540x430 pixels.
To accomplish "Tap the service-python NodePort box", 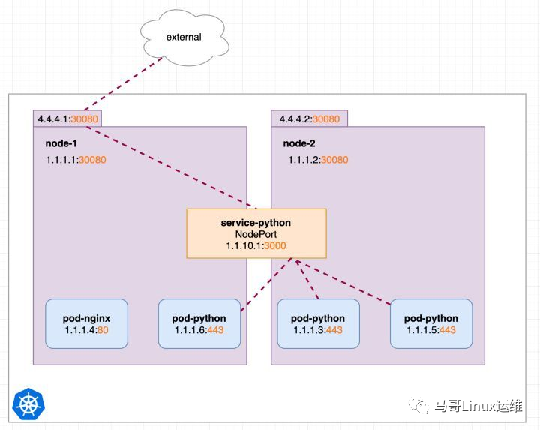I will tap(256, 234).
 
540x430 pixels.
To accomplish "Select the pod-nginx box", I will tap(86, 323).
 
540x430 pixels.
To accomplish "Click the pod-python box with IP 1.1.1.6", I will tap(199, 323).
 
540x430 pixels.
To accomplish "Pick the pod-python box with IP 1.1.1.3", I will tap(318, 323).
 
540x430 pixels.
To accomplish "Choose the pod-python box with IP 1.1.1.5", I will tap(430, 323).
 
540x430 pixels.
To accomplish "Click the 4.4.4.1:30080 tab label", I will tap(67, 119).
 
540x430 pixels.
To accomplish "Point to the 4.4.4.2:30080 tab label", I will tap(309, 119).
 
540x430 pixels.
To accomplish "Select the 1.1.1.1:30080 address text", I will tap(76, 160).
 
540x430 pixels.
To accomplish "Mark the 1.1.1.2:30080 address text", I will tap(318, 160).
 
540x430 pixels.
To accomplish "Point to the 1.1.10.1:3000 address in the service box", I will tap(256, 245).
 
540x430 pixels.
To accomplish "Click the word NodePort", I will tap(256, 234).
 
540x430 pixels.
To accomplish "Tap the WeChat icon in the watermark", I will tap(420, 404).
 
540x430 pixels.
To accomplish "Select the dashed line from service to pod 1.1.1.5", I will tap(345, 282).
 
